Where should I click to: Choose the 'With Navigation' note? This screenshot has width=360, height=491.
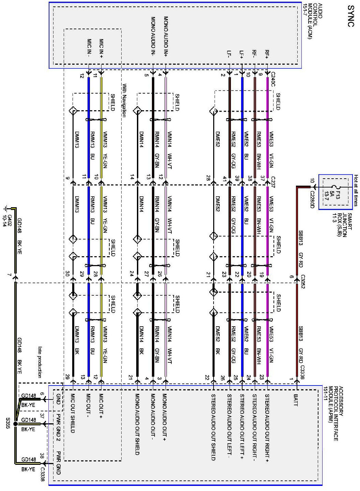point(124,101)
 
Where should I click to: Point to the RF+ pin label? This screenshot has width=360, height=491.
point(267,54)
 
